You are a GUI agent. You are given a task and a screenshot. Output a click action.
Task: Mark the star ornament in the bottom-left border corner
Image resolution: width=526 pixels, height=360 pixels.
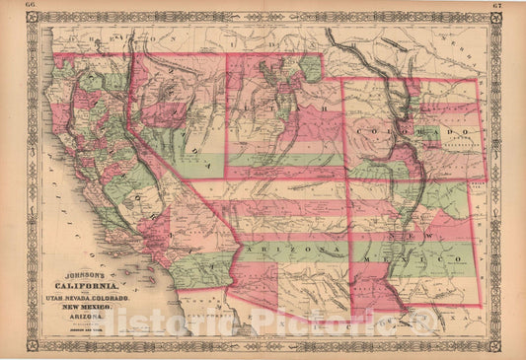click(x=32, y=345)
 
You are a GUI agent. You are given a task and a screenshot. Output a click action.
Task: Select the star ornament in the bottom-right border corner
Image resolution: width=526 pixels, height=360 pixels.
click(x=494, y=345)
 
